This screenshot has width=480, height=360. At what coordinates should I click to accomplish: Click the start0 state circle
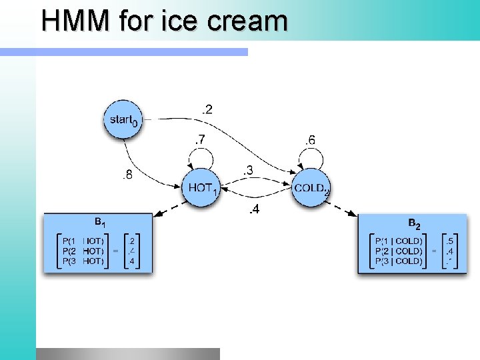pos(123,120)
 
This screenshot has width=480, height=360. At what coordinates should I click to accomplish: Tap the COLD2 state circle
pos(312,187)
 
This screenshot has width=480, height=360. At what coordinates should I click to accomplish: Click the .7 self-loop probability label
pos(200,140)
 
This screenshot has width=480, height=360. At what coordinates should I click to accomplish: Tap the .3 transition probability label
pos(247,171)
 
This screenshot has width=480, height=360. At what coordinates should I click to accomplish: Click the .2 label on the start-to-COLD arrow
pos(208,109)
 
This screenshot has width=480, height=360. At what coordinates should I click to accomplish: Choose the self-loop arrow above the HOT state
pos(201,157)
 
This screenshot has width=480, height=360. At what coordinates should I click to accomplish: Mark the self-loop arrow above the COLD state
pos(311,157)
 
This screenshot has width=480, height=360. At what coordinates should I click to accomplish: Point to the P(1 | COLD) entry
pos(399,241)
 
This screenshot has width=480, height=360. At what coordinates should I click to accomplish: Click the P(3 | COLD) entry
pos(399,261)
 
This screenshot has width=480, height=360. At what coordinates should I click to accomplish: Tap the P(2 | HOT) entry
pos(82,251)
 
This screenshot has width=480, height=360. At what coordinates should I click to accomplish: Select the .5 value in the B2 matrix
pos(451,241)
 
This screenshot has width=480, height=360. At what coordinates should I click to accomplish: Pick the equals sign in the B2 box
pos(434,251)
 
